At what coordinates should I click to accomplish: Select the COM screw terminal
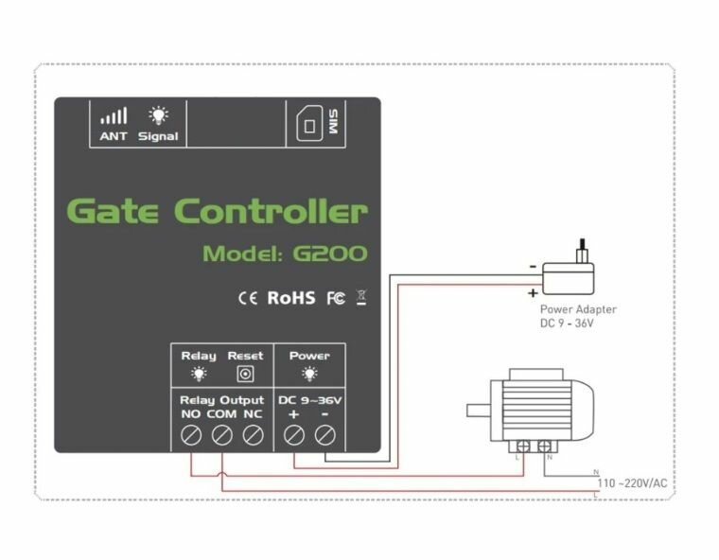coord(222,435)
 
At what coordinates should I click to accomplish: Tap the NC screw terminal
coord(252,435)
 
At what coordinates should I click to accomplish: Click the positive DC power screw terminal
coord(294,435)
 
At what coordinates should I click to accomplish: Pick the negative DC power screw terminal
coord(324,435)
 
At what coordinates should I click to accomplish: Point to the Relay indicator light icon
coord(199,374)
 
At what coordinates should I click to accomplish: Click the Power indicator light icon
coord(309,374)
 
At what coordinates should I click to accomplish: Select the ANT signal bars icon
coord(114,116)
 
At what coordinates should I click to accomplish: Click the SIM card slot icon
coord(307,126)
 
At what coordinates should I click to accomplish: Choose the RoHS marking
coord(290,298)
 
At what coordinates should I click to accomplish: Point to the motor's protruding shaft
coord(480,411)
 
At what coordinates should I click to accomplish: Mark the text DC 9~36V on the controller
coord(309,400)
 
